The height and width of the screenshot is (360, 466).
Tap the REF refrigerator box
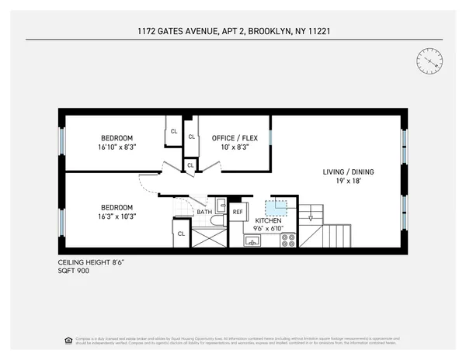click(x=238, y=212)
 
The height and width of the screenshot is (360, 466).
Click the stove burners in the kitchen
click(x=288, y=240)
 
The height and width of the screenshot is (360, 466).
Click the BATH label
click(x=203, y=212)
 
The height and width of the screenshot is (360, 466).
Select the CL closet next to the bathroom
click(x=182, y=234)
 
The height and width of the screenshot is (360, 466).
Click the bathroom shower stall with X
click(x=208, y=237)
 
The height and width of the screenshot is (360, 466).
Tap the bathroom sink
click(x=221, y=206)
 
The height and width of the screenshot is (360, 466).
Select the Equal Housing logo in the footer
click(x=67, y=340)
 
